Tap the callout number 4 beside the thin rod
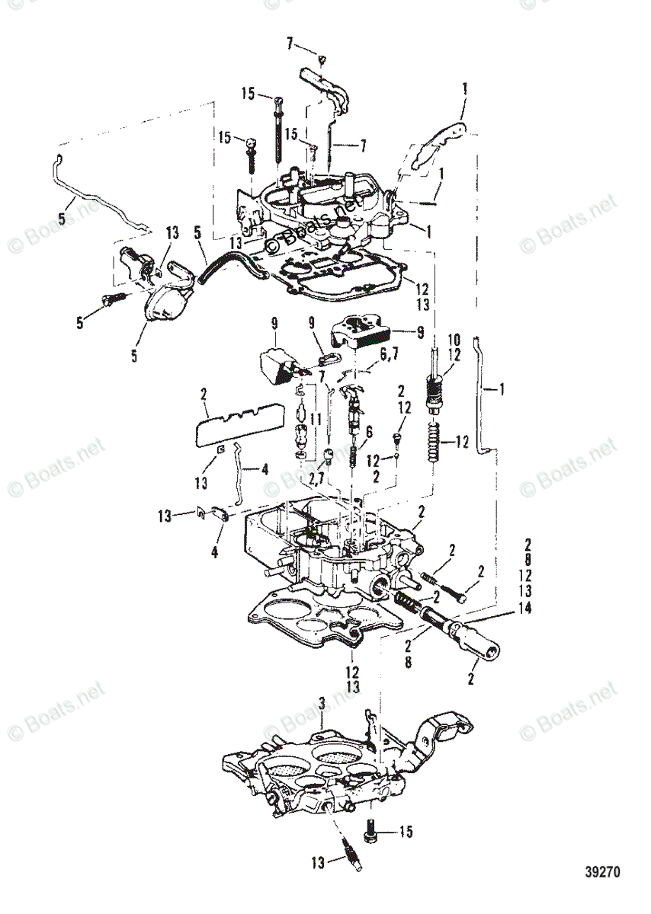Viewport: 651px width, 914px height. click(x=265, y=471)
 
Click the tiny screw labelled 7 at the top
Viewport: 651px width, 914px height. click(x=322, y=59)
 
